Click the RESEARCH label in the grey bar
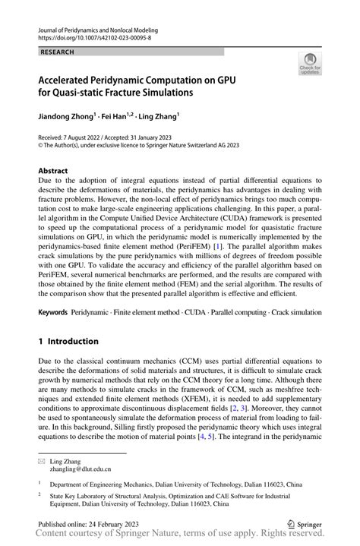coord(58,52)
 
